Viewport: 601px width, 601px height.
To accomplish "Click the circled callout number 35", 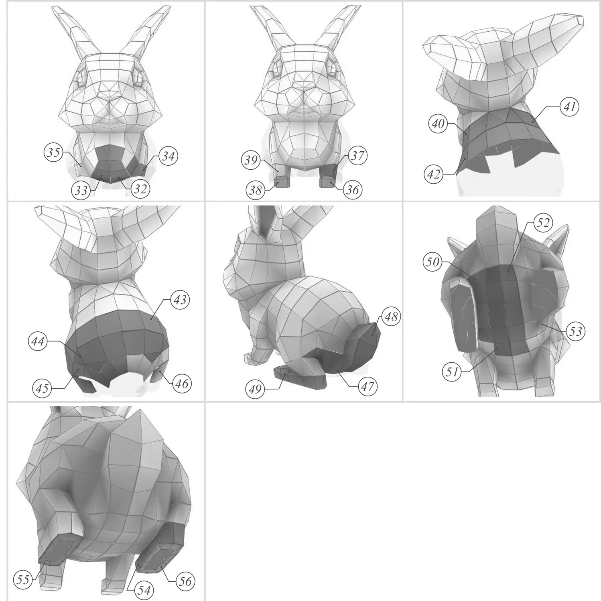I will [54, 152].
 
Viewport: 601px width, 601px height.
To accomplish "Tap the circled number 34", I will [168, 156].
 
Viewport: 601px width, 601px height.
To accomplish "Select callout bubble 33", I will [81, 190].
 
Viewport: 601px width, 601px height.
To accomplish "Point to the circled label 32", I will [140, 189].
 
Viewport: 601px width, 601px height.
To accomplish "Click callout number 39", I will [251, 160].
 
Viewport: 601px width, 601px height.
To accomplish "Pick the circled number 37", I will [357, 155].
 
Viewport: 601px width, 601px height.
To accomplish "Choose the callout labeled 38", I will [256, 190].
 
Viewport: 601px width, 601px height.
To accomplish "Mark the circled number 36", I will [352, 189].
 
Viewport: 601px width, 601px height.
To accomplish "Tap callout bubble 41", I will [570, 107].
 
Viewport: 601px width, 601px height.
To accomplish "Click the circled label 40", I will [438, 124].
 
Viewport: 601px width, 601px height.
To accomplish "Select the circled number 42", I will [434, 175].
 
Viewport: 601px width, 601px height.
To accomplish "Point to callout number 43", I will [180, 300].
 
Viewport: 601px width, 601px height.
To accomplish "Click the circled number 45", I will [42, 388].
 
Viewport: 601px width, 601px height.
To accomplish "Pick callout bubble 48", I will [391, 317].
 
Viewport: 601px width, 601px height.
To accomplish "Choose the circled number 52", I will [543, 222].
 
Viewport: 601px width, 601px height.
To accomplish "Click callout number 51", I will [452, 372].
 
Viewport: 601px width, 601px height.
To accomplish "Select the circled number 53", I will [575, 331].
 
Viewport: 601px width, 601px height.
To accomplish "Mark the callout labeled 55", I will [23, 580].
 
